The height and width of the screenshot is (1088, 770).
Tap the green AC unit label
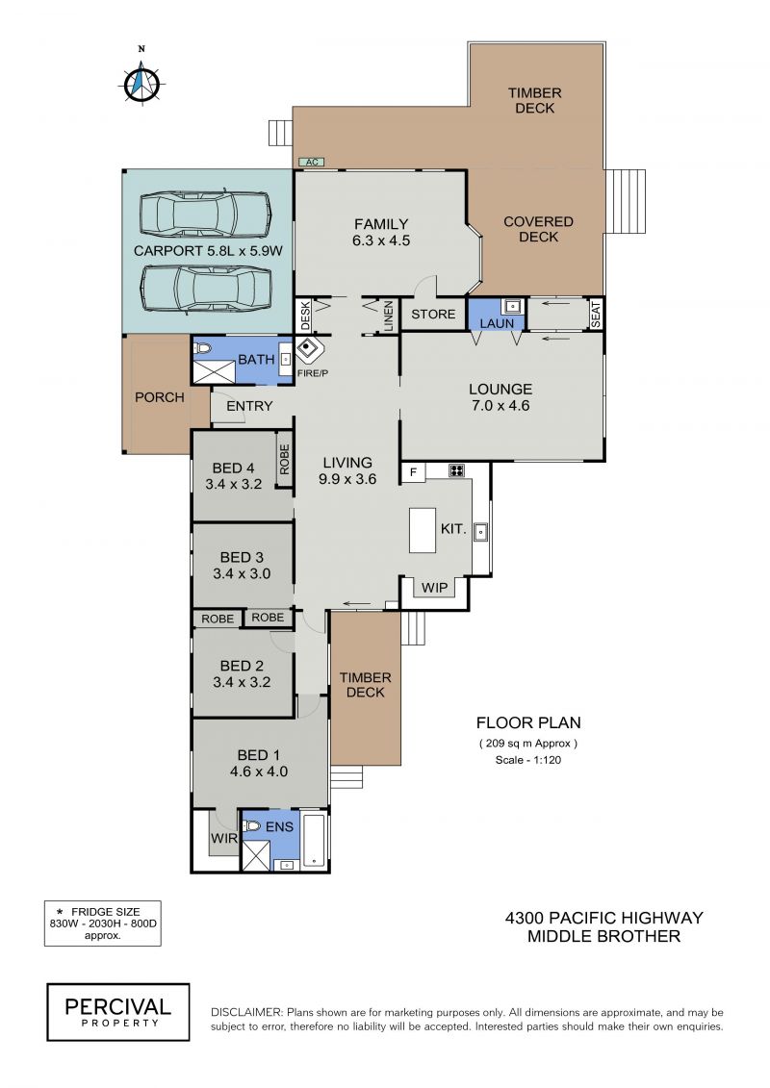312,163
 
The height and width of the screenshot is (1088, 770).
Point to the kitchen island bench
423,530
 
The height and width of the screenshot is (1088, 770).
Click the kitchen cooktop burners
456,471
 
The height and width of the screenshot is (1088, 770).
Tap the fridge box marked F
413,472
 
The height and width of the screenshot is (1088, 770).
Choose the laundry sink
512,305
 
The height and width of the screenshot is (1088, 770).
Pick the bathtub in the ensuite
315,839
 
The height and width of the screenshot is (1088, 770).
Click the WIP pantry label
435,588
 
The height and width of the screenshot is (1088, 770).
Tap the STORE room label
433,315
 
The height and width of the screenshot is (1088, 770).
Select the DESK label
305,316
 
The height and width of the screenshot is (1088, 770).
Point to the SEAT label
595,315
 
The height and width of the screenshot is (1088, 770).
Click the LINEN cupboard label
388,316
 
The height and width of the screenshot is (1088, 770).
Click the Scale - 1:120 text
527,760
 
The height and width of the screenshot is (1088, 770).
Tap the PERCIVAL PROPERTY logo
118,1012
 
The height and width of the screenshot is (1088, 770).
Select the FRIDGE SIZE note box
103,923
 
